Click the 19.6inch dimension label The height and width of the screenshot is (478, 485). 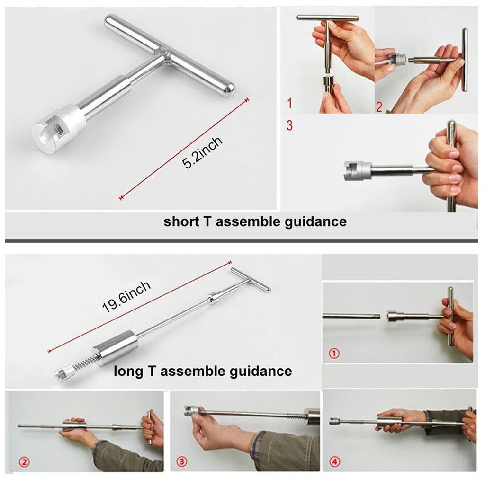click(x=126, y=297)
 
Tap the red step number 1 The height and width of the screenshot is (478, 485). click(x=289, y=103)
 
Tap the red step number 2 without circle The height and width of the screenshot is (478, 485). click(x=379, y=107)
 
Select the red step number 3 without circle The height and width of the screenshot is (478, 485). click(x=289, y=125)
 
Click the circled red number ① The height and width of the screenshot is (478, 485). click(x=334, y=353)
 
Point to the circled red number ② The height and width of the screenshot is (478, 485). click(x=24, y=462)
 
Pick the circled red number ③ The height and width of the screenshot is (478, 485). click(x=181, y=461)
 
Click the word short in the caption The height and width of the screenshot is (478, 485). click(x=181, y=221)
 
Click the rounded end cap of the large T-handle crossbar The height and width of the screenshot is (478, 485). click(x=229, y=90)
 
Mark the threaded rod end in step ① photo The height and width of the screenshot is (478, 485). click(x=376, y=316)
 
